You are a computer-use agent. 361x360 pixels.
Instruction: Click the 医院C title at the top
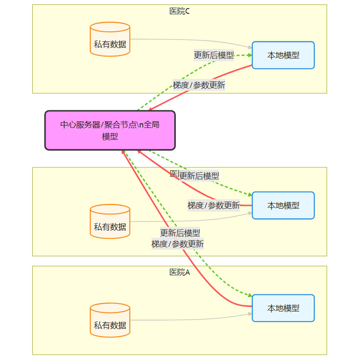(x=180, y=11)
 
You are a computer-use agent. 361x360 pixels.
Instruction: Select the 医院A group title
(x=180, y=272)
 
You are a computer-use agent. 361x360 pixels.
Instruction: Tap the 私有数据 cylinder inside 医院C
(x=110, y=39)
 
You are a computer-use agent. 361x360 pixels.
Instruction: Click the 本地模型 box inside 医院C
(x=283, y=55)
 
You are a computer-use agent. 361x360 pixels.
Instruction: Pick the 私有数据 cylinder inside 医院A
(x=110, y=320)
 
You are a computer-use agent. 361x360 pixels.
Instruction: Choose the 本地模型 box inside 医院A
(x=283, y=308)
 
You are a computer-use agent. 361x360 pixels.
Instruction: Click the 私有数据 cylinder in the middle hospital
(x=110, y=222)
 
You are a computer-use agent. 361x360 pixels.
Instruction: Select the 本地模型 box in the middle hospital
(x=283, y=205)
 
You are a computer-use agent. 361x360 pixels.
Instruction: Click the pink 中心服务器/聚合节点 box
(x=110, y=130)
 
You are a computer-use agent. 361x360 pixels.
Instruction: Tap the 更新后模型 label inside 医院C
(x=214, y=55)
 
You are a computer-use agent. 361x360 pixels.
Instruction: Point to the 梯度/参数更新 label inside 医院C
(x=199, y=86)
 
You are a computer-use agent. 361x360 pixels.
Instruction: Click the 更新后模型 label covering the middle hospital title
(x=199, y=175)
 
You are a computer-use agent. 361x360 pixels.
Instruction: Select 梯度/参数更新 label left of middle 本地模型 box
(x=214, y=205)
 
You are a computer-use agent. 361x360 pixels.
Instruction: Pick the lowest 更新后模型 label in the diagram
(x=180, y=233)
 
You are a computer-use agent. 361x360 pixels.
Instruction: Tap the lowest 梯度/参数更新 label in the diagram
(x=178, y=244)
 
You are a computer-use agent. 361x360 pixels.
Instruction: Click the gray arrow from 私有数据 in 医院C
(x=190, y=40)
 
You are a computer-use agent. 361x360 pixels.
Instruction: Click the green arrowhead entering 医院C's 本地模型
(x=249, y=55)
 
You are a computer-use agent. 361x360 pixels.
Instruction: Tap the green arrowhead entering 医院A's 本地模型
(x=249, y=295)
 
